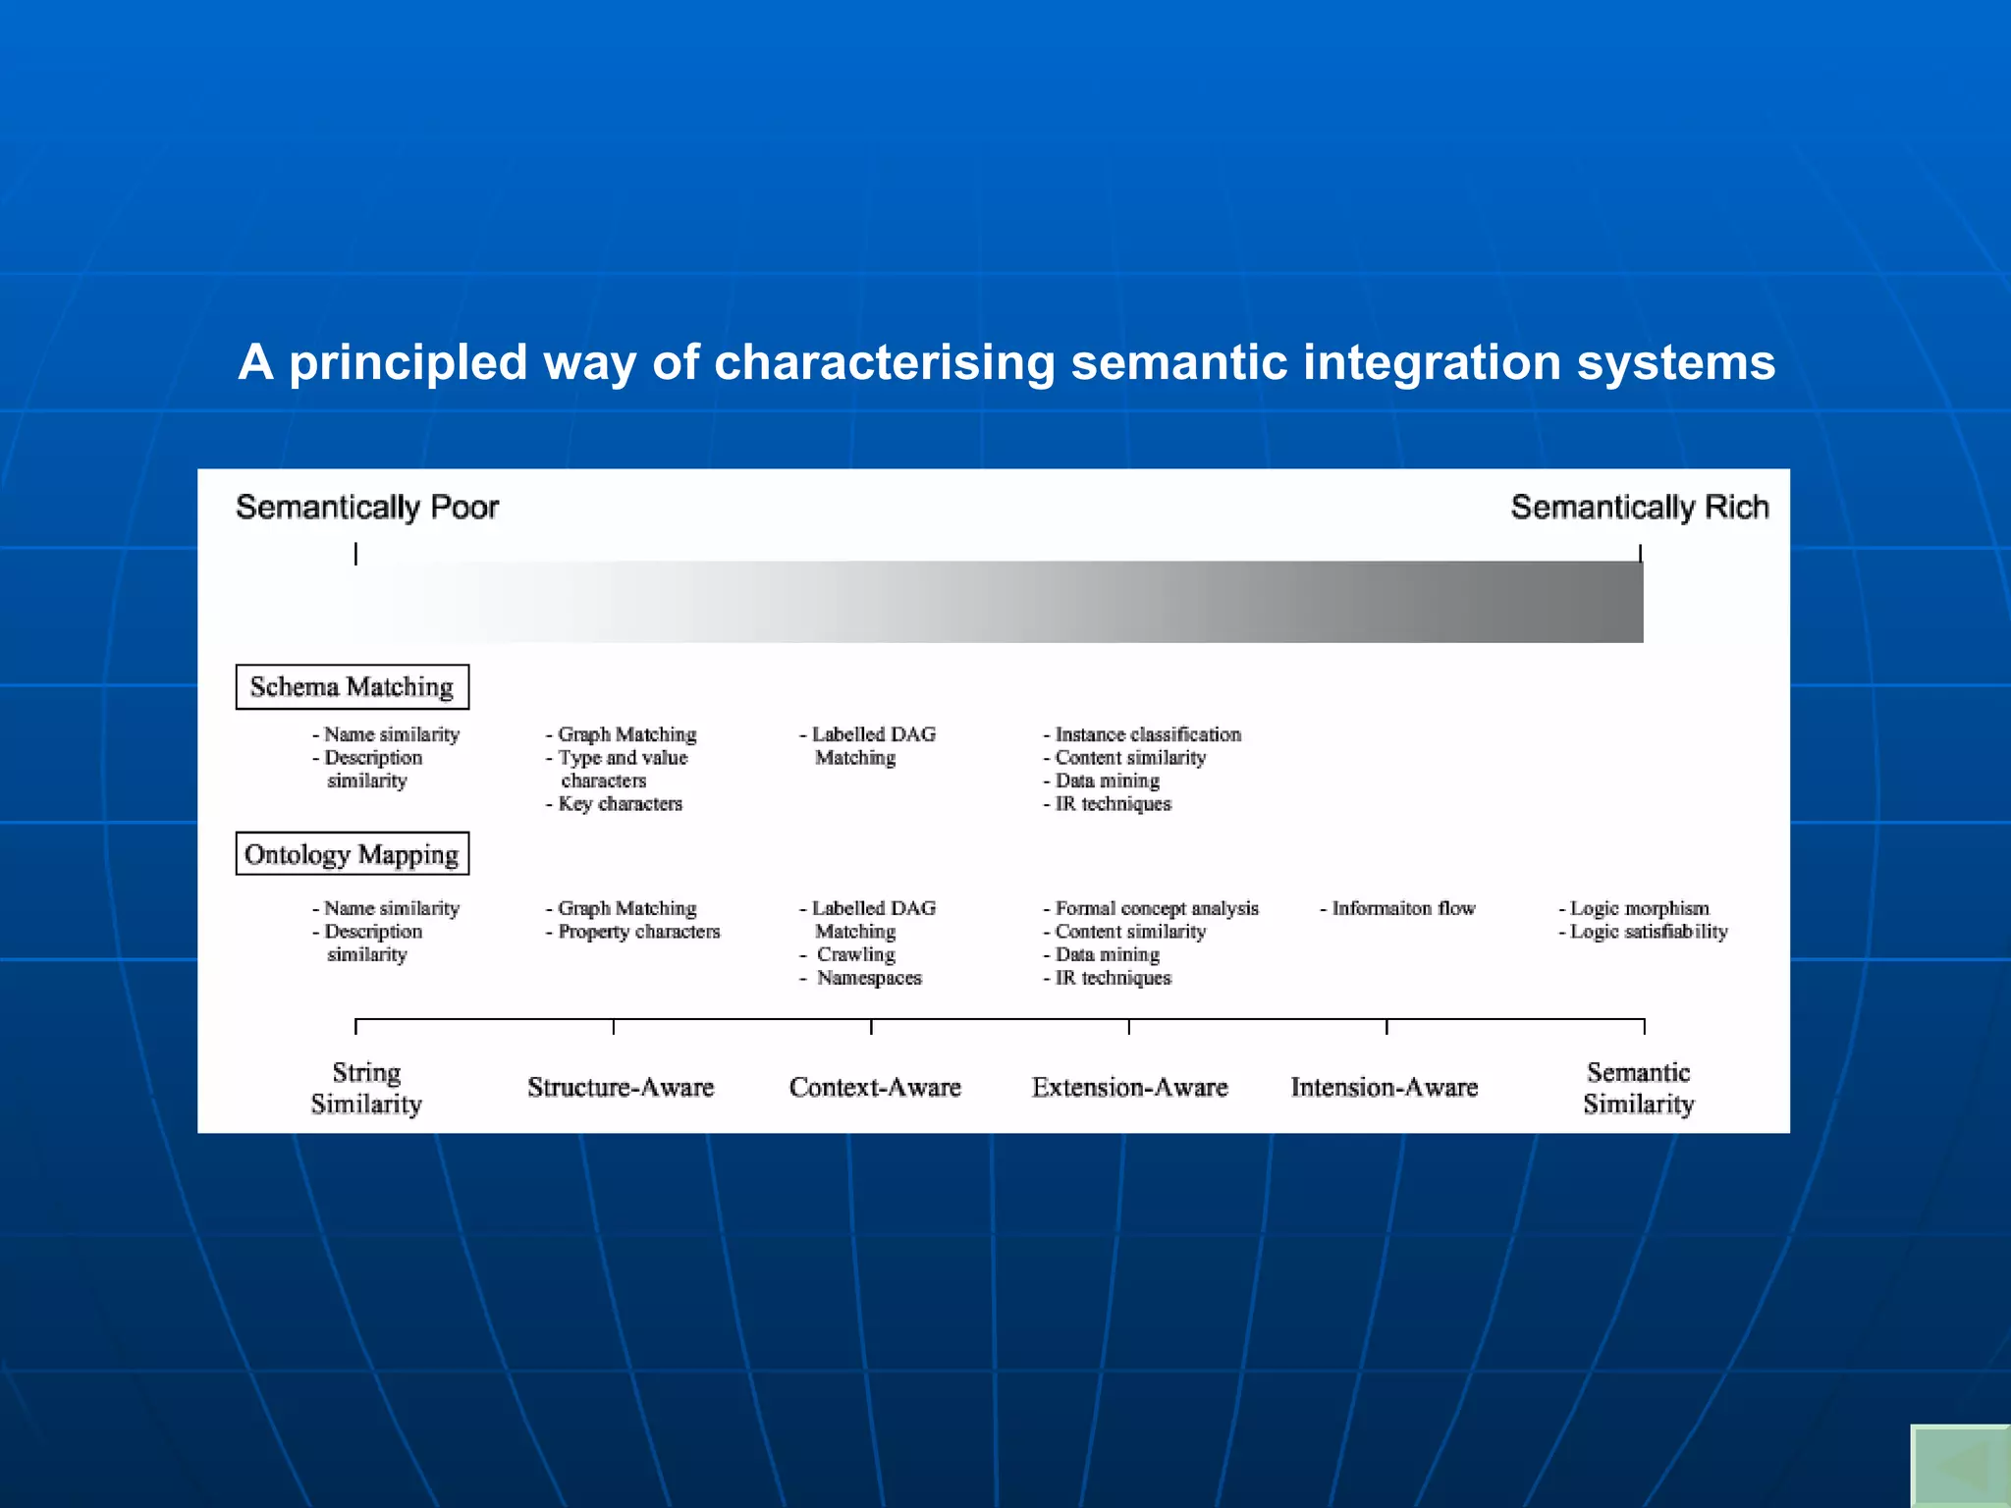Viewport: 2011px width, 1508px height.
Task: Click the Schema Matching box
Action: pos(352,687)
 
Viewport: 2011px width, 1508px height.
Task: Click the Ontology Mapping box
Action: pos(352,854)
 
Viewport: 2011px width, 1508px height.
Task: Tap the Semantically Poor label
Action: pos(367,508)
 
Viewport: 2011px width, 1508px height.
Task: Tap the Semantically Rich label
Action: pos(1639,508)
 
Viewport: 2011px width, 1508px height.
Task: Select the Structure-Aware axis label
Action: pos(621,1088)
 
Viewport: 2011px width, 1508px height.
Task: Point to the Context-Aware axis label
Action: pos(875,1088)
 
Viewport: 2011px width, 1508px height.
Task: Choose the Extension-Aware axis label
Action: pos(1129,1088)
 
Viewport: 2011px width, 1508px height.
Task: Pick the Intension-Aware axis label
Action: pos(1384,1088)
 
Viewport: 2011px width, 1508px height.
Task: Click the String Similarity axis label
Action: pos(366,1088)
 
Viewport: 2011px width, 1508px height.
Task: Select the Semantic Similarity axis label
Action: pos(1638,1088)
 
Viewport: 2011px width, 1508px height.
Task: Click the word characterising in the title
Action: pos(884,362)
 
